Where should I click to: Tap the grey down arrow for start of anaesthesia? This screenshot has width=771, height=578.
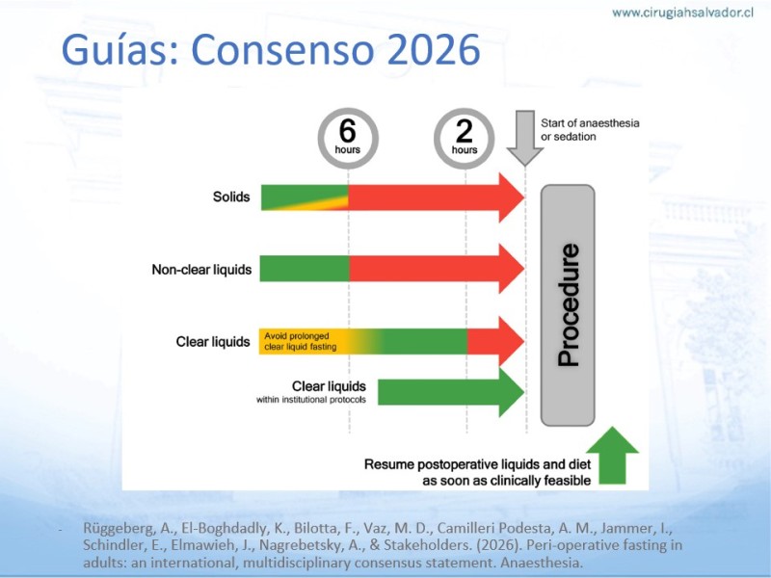click(525, 138)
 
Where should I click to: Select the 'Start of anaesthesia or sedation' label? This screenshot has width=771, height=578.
click(590, 130)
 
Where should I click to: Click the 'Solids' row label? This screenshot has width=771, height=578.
click(231, 197)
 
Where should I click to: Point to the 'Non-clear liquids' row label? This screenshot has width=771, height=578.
click(201, 270)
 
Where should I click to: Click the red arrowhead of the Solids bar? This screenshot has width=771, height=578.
click(512, 197)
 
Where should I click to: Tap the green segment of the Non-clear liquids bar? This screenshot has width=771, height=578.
click(305, 269)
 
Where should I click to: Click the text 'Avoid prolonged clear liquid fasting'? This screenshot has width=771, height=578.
click(301, 341)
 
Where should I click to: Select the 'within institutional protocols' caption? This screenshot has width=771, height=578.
click(311, 400)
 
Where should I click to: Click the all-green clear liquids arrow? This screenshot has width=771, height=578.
click(450, 392)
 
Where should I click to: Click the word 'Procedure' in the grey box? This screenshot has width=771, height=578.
click(569, 305)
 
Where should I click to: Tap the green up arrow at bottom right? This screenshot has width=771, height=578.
click(613, 455)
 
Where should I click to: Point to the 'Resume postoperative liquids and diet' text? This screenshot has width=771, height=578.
click(477, 464)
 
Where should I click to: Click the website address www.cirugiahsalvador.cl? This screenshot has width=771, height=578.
click(682, 13)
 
